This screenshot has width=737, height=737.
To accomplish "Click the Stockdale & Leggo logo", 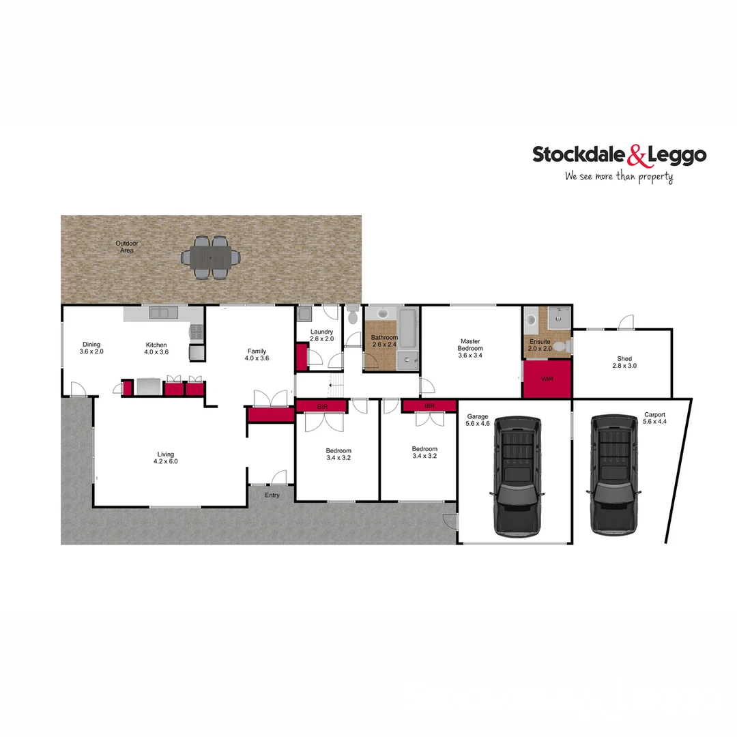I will (619, 156).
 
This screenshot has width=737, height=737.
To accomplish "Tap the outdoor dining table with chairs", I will (211, 257).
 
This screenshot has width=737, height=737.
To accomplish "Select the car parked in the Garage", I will (517, 475).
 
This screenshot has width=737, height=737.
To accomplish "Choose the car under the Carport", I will (613, 474).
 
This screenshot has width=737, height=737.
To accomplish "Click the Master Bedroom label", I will (471, 345).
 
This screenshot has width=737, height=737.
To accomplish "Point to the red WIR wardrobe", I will (547, 379).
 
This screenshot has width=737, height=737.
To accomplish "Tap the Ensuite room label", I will (540, 341).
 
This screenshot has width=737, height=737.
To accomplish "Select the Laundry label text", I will (321, 332).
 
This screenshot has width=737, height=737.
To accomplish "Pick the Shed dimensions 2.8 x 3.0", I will (624, 366).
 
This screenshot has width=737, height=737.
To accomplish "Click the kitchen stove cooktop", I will (196, 332).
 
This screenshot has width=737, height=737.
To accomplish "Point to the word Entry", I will (272, 495).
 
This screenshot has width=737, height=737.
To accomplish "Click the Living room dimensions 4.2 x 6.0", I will (166, 461).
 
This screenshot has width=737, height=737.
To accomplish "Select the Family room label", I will (257, 351).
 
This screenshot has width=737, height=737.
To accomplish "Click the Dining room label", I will (91, 344).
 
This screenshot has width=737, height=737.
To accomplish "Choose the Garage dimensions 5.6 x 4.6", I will (478, 424).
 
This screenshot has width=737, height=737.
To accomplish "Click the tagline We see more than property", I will (619, 177).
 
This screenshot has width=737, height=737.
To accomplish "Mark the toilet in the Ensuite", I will (560, 347).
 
